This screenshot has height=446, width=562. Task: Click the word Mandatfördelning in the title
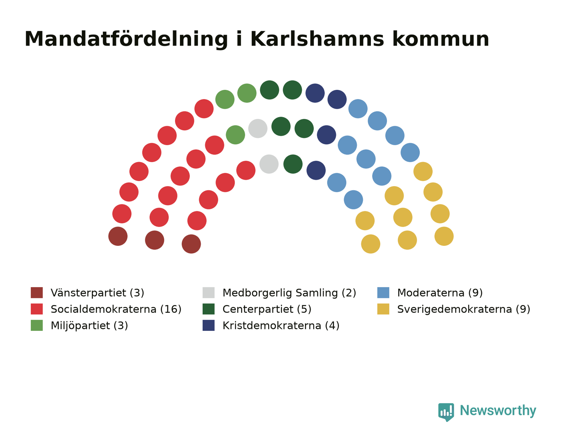126,40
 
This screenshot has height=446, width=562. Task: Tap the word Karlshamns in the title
317,39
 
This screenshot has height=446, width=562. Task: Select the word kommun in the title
440,39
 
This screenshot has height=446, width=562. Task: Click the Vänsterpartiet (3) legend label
98,293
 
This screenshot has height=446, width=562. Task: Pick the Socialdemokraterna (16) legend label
116,309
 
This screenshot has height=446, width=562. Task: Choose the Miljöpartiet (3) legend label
89,326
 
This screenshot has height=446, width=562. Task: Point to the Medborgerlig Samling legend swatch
208,292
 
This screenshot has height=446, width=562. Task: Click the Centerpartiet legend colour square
208,309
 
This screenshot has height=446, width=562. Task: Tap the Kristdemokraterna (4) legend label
281,326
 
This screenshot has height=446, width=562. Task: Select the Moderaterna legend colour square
383,292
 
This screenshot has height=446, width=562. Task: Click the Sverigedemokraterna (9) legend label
464,309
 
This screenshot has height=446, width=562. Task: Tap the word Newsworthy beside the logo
498,411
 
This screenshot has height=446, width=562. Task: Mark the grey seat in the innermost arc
269,164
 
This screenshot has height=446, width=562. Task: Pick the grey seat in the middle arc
258,128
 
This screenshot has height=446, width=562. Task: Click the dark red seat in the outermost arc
118,236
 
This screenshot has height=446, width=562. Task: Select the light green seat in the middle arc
235,135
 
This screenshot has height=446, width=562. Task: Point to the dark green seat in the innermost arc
293,164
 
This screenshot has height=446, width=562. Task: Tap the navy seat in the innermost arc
316,170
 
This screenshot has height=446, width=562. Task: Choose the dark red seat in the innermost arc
191,244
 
